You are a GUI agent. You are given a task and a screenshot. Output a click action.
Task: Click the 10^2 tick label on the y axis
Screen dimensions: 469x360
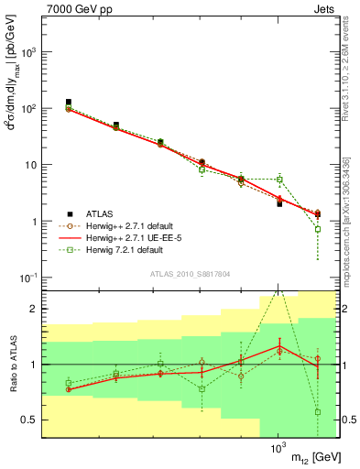pos(30,109)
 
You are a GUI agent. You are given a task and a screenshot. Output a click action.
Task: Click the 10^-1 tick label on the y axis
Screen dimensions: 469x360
pos(30,278)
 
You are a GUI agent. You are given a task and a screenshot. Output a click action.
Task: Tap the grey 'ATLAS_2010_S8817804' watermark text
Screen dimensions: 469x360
pos(191,273)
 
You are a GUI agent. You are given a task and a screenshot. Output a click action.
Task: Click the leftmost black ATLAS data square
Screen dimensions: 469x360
pos(69,103)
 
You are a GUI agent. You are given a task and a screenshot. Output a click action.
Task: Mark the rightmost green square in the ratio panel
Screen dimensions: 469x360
pos(317,412)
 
